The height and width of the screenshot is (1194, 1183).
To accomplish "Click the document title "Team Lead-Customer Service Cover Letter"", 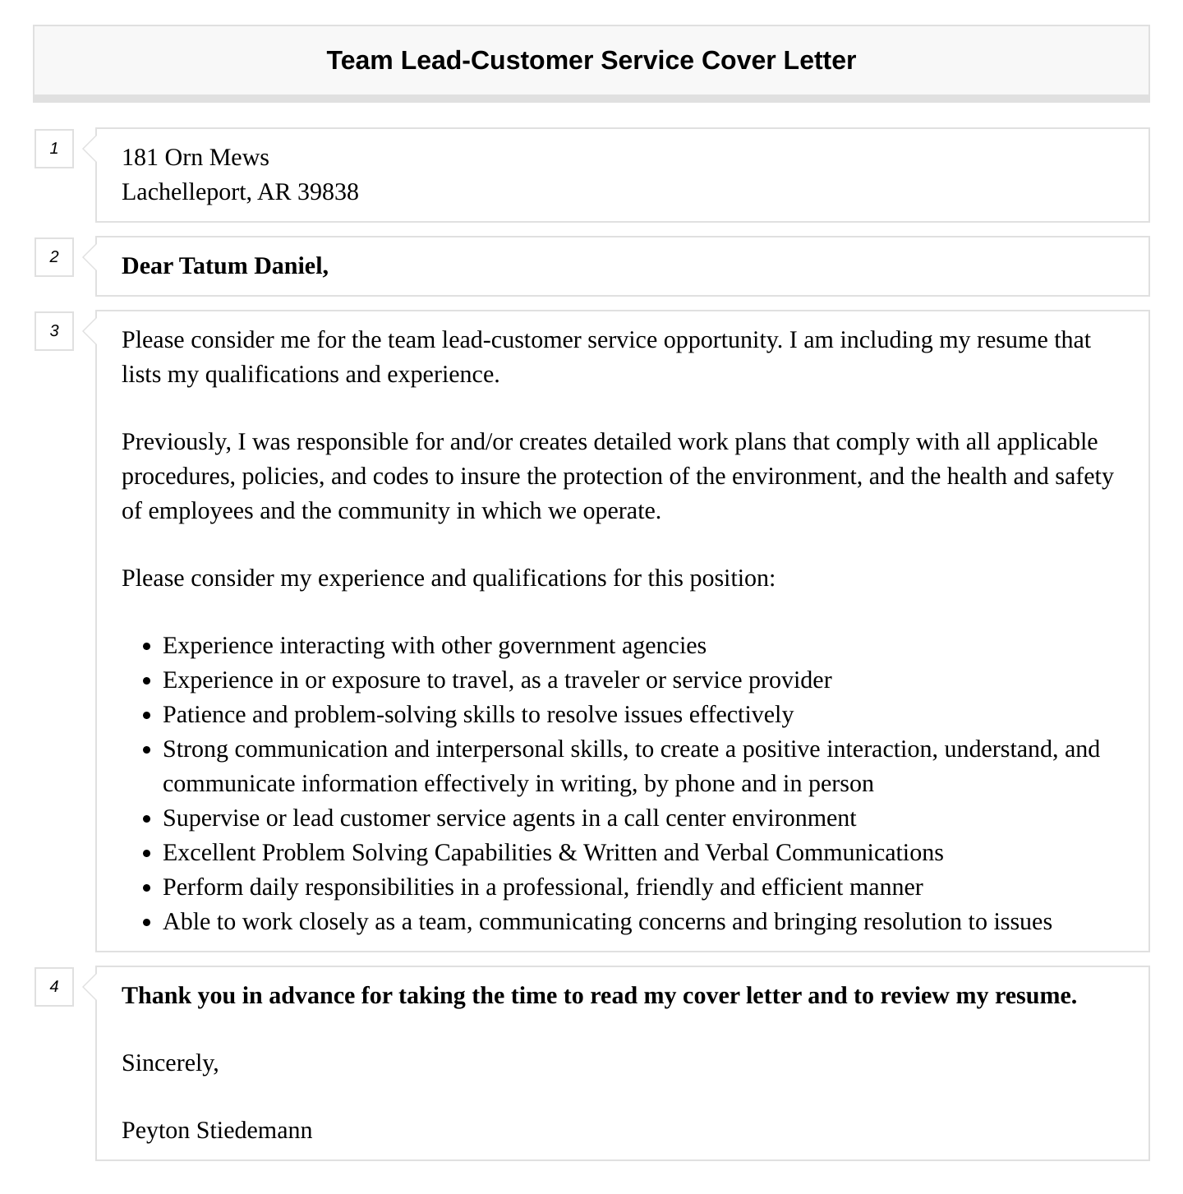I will (x=591, y=61).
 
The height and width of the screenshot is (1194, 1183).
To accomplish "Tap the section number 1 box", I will (x=54, y=149).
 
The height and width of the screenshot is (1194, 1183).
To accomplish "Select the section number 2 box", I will (x=54, y=257).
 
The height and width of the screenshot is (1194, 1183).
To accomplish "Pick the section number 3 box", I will (x=54, y=331).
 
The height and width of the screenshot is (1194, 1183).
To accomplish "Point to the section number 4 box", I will (x=54, y=987).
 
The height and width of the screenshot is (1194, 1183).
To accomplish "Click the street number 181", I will (x=140, y=158).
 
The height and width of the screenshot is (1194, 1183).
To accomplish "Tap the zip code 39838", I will (x=328, y=192).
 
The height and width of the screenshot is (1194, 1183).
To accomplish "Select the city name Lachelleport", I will (x=185, y=192).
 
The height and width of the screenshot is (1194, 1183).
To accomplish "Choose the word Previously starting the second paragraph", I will (x=175, y=442).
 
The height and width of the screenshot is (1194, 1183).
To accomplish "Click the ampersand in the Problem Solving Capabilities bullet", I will (x=568, y=853).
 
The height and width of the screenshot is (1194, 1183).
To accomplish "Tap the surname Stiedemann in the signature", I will (x=254, y=1131).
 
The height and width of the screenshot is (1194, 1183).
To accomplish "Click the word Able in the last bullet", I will (x=186, y=922).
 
